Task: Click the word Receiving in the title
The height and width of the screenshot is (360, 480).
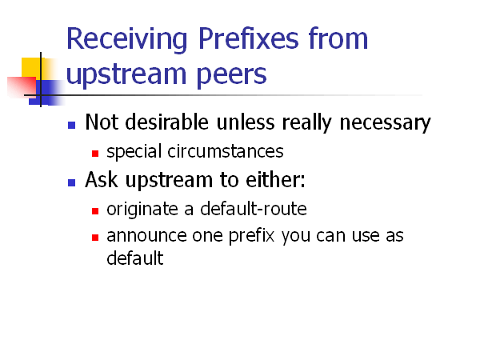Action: point(119,39)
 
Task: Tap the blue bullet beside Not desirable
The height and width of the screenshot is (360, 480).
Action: point(71,125)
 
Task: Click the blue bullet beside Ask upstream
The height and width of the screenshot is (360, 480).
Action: point(71,182)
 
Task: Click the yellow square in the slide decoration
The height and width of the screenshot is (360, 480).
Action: point(32,67)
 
